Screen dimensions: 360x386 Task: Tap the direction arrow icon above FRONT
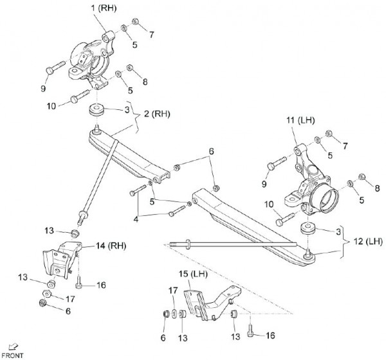click(13, 346)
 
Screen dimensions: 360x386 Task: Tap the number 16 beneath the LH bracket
click(270, 335)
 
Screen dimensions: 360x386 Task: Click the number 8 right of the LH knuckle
click(377, 188)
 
